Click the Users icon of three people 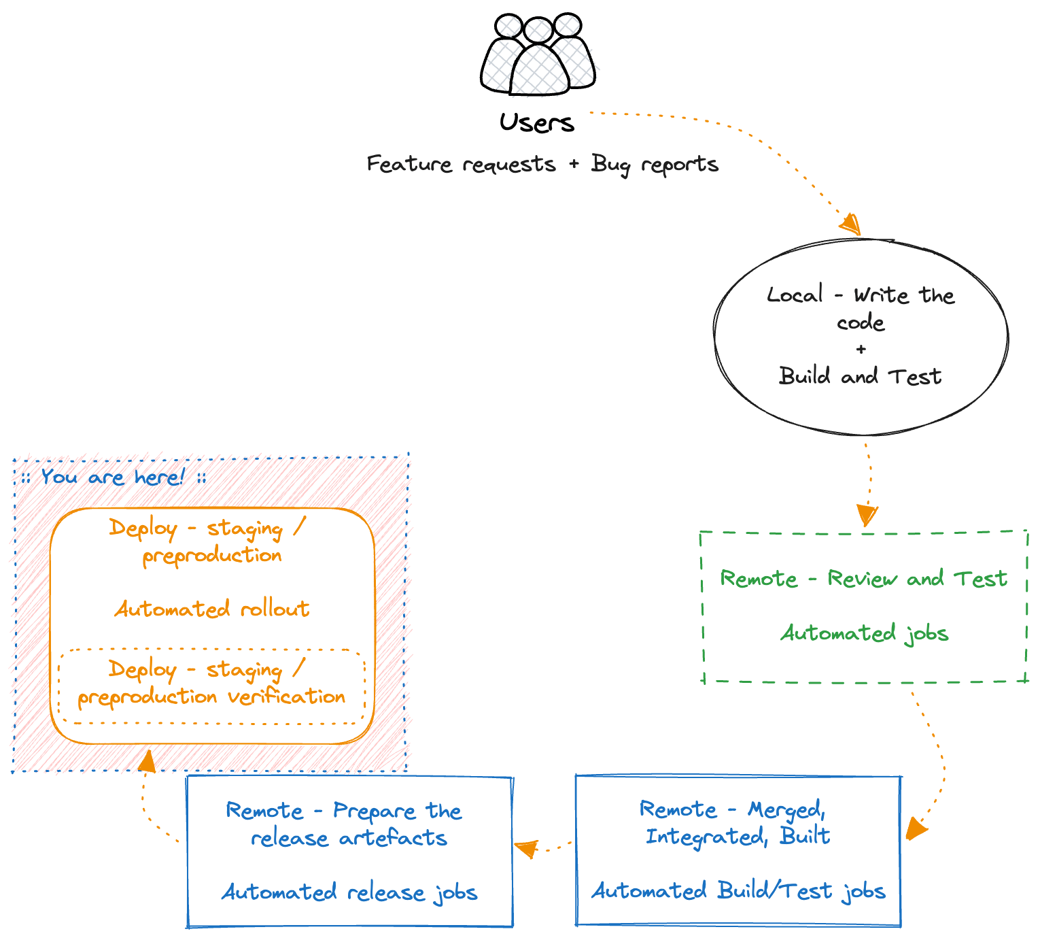pos(538,54)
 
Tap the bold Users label pos(537,123)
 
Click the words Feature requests pos(461,165)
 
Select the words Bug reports pos(655,165)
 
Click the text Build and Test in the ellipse pos(860,376)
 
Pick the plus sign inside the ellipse pos(861,350)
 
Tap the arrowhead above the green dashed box pos(867,514)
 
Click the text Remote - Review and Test pos(863,579)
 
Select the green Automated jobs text pos(864,634)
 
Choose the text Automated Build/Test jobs pos(738,891)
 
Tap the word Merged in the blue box pos(786,809)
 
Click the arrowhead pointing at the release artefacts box pos(525,848)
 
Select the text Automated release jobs pos(349,892)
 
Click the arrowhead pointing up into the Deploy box pos(147,761)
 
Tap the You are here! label pos(113,477)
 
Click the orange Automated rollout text pos(211,609)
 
